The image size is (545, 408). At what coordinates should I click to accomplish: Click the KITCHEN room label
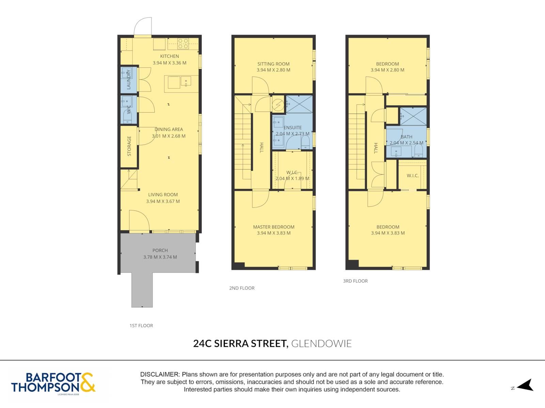click(x=169, y=56)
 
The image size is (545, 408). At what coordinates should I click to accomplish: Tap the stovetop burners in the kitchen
click(x=183, y=44)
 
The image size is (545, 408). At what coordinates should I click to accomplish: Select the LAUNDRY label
click(x=128, y=79)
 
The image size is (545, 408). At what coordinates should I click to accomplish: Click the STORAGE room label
click(x=129, y=146)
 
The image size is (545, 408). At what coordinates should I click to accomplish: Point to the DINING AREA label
click(x=169, y=129)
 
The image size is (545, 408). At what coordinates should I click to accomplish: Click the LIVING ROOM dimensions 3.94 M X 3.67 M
click(x=163, y=201)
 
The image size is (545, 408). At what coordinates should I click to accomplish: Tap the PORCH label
click(x=160, y=251)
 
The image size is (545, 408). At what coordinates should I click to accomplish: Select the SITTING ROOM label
click(x=274, y=64)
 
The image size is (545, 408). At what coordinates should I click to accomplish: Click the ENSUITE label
click(x=293, y=128)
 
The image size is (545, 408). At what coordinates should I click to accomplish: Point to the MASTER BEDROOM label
click(x=274, y=227)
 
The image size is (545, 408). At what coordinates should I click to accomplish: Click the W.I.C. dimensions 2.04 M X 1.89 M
click(x=293, y=178)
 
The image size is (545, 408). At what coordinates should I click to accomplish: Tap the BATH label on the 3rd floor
click(x=406, y=137)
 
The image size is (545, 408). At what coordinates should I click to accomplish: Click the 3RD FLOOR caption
click(x=355, y=281)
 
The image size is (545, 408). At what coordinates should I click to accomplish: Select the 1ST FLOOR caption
click(x=141, y=325)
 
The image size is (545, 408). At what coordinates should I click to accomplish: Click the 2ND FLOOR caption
click(x=242, y=288)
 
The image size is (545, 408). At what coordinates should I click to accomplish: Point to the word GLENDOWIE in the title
click(x=321, y=344)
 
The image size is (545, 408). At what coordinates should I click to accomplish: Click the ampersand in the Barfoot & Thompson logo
click(x=87, y=382)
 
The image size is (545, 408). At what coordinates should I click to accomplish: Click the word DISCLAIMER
click(x=160, y=374)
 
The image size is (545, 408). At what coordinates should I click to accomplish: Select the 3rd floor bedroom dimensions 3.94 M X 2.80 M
click(x=387, y=70)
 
